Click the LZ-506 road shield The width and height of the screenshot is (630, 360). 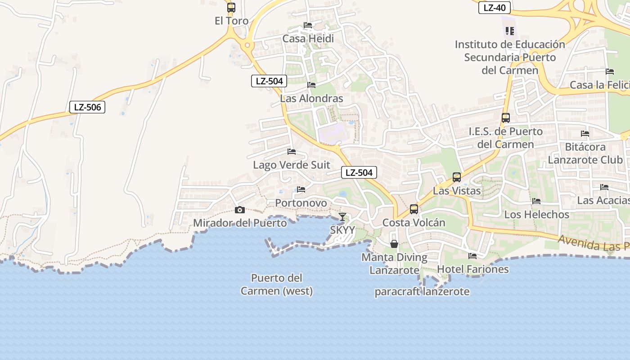click(x=87, y=107)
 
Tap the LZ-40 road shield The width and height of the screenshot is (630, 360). click(x=494, y=8)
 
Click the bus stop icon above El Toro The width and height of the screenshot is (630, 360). click(x=231, y=8)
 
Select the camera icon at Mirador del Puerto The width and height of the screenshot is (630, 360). click(x=239, y=210)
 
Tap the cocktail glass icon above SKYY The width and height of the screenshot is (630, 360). click(x=342, y=217)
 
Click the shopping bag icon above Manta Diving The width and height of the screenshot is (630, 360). click(x=394, y=244)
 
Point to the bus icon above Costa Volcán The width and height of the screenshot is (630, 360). click(x=414, y=209)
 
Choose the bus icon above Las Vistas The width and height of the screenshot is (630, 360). click(x=457, y=177)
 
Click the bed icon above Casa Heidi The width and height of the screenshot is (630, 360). click(x=308, y=25)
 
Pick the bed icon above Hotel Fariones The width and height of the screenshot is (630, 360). click(x=472, y=256)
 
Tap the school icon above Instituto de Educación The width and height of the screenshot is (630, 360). click(x=510, y=31)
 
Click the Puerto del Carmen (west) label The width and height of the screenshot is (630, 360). click(x=276, y=284)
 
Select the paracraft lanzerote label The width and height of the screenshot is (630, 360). click(x=422, y=292)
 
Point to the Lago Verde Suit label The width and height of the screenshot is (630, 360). click(x=291, y=165)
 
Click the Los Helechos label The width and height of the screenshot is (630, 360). click(x=536, y=214)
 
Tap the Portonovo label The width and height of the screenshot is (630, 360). click(x=301, y=203)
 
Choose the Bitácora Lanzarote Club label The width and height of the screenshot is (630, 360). click(x=585, y=153)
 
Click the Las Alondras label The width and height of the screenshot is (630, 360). click(x=311, y=99)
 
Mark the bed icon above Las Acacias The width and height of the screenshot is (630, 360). click(x=604, y=187)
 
